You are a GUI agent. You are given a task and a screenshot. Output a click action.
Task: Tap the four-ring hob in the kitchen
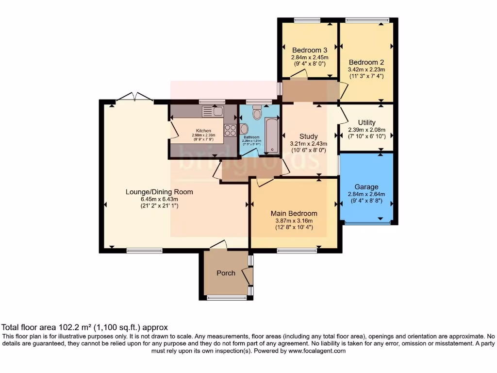(x=230, y=131)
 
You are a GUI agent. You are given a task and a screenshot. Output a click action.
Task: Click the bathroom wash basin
(x=244, y=129)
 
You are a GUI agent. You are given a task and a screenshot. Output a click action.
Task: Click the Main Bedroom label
(x=294, y=213)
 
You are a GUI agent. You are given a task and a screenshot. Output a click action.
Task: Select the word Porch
(x=226, y=273)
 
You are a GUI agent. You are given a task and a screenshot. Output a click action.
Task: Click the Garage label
(x=366, y=186)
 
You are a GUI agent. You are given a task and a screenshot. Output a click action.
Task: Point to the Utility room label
(x=367, y=122)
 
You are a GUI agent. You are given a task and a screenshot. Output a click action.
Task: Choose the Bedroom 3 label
(x=309, y=50)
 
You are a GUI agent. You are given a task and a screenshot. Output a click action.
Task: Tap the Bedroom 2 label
(x=366, y=62)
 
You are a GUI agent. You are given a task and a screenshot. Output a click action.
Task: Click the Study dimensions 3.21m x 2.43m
(x=308, y=144)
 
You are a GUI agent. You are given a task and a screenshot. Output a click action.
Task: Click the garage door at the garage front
(x=367, y=222)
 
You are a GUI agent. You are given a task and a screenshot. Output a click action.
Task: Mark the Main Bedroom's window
(x=297, y=251)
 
